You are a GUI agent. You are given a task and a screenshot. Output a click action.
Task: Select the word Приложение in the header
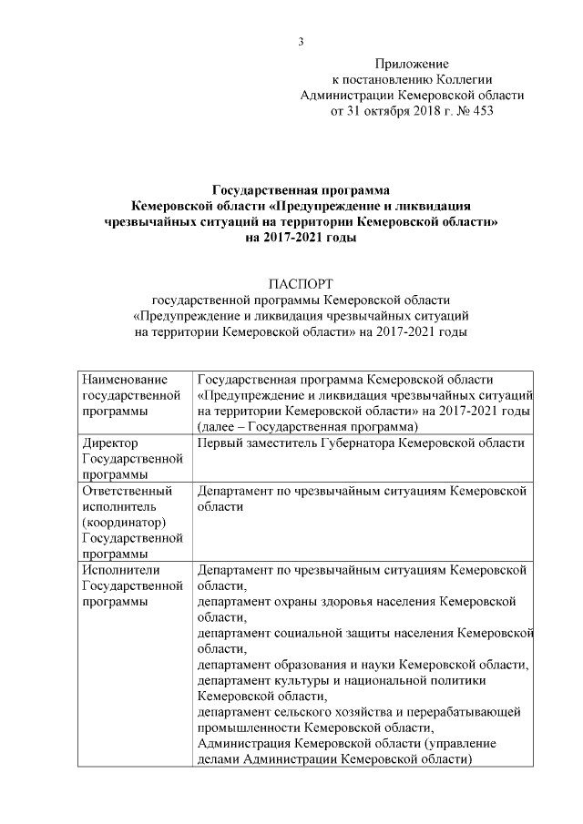(412, 64)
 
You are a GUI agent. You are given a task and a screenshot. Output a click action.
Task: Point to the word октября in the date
(394, 113)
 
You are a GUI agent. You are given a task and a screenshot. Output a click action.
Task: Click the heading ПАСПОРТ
(300, 285)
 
